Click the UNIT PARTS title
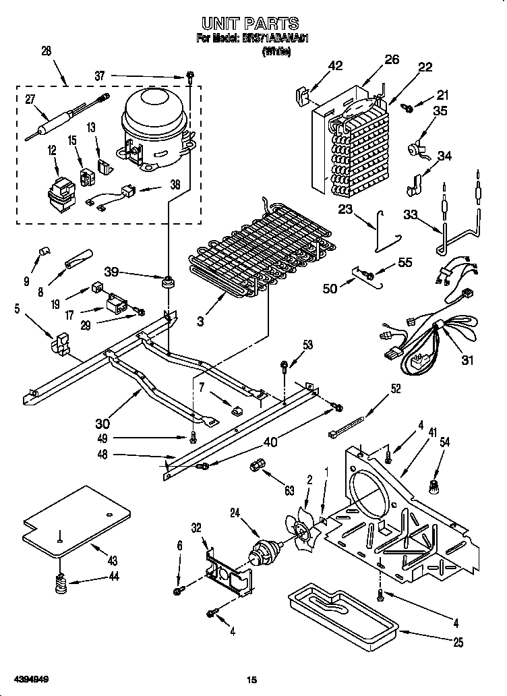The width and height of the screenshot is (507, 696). tap(254, 24)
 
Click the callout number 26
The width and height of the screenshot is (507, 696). tap(392, 59)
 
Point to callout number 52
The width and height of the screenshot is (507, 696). tap(396, 388)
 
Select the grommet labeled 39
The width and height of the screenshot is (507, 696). tap(166, 280)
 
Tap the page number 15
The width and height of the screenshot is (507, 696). tap(252, 680)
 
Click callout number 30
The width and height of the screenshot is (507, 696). tap(102, 423)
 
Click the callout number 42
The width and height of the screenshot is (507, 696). tap(335, 65)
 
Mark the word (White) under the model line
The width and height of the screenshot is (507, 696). tap(276, 51)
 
